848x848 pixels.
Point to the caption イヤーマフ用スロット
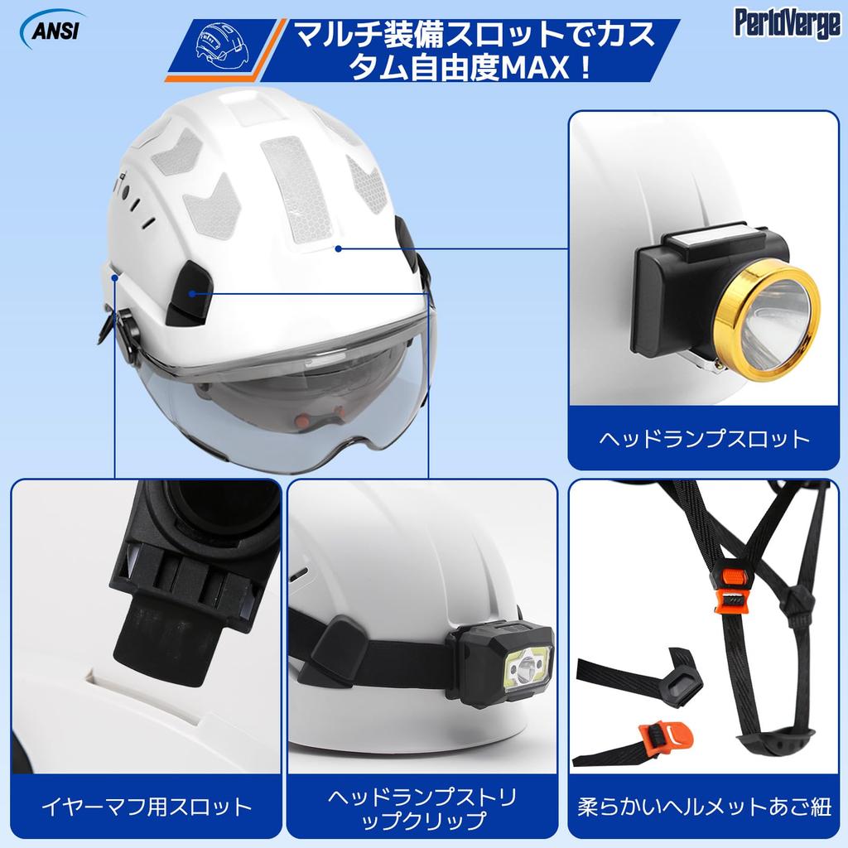coord(146,805)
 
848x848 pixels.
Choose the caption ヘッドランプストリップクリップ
coord(422,809)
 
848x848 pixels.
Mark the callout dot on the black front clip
coord(192,293)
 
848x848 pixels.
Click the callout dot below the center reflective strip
coord(338,247)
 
